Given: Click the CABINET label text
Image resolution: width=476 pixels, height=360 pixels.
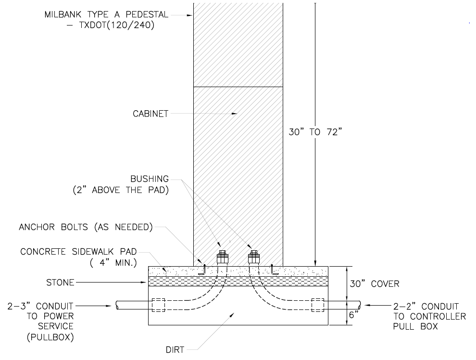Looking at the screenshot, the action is (150, 114).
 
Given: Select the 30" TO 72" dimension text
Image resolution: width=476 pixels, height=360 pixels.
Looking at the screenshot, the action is (315, 132).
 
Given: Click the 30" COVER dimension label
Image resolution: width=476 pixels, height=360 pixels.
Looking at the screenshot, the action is (374, 284).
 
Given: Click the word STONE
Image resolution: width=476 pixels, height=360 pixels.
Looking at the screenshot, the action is (60, 283).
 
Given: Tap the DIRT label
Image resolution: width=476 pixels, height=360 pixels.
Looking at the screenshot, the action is (175, 350).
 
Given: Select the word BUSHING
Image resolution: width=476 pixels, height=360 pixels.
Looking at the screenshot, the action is (150, 179).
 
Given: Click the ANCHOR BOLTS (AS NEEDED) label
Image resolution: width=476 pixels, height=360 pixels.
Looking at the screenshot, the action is (86, 227).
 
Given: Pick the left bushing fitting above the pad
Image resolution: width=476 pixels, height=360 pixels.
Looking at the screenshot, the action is (222, 257).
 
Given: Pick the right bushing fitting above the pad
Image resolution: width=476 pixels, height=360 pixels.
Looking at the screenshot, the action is (254, 257).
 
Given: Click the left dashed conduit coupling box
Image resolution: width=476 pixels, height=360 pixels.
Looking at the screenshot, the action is (159, 305).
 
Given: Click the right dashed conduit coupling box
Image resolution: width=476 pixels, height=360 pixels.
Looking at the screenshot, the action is (317, 305).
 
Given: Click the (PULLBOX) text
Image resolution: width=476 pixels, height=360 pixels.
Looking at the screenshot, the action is (50, 337).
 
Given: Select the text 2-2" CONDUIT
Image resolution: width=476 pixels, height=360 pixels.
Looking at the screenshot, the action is (426, 306).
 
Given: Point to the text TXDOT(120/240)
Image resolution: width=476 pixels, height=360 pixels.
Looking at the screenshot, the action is (116, 25).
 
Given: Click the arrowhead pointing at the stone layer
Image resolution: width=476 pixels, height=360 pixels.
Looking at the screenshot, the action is (145, 283).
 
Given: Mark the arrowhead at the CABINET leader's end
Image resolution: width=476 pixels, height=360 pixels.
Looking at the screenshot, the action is (234, 114).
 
